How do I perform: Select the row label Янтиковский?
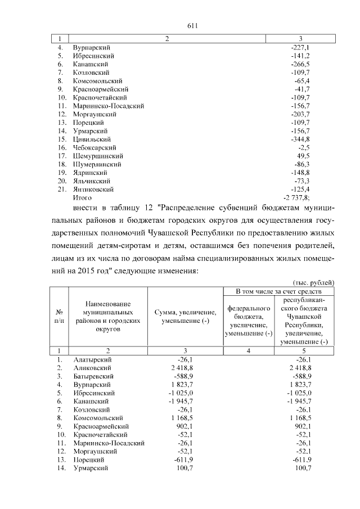[x=93, y=189]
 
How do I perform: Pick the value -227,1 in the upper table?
[x=299, y=48]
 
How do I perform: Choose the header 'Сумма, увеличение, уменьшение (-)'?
[x=185, y=316]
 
